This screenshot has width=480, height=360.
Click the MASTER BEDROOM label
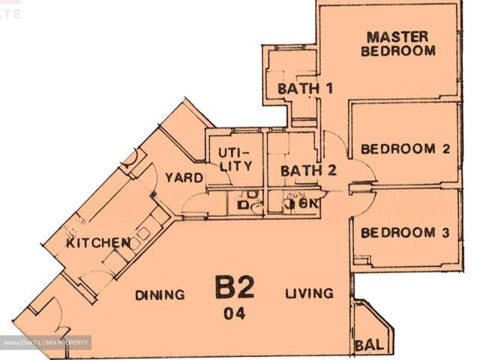click(397, 44)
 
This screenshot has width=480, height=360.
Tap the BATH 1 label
click(305, 88)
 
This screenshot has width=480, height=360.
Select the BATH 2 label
click(308, 171)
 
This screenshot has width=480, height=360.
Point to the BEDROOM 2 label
click(405, 148)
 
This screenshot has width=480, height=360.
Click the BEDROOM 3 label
click(405, 233)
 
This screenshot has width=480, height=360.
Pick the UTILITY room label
click(233, 158)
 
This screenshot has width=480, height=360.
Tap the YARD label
click(184, 178)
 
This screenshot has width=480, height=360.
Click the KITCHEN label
click(98, 243)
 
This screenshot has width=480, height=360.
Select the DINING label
click(160, 295)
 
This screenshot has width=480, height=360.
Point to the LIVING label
click(308, 293)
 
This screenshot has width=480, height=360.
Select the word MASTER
click(397, 37)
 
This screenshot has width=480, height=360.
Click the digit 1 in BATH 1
click(328, 88)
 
